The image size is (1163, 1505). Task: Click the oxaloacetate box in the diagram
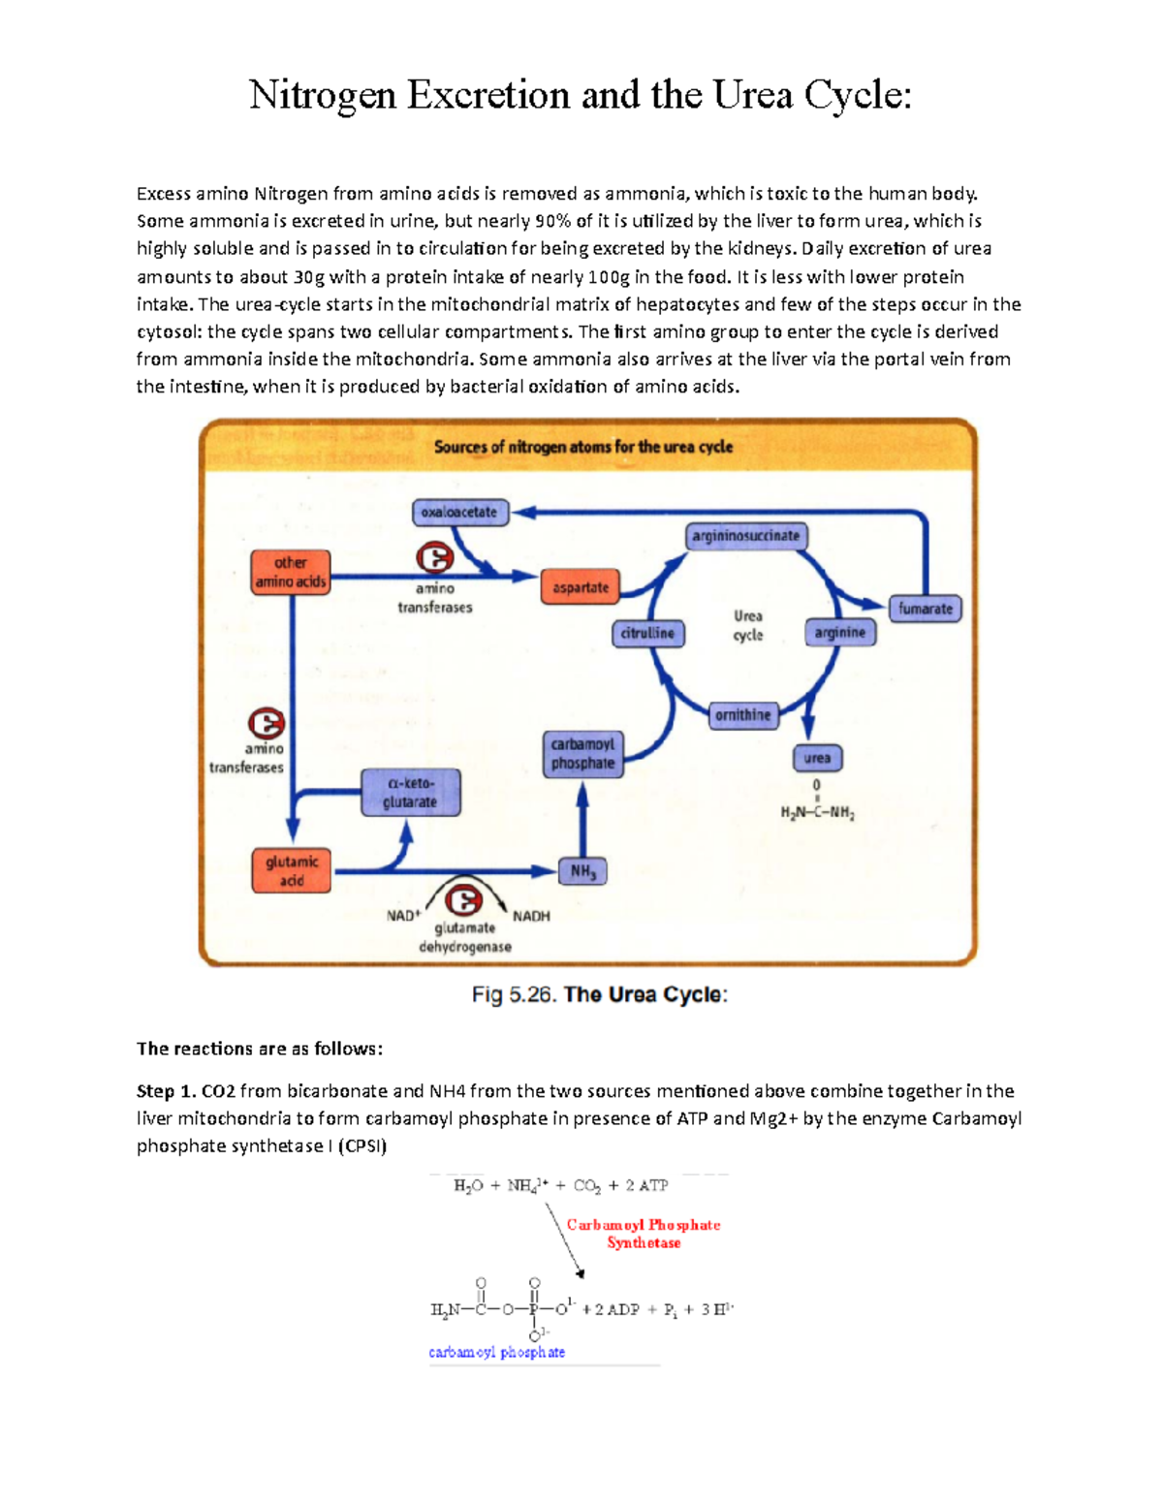click(459, 512)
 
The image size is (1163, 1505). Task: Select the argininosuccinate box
click(744, 536)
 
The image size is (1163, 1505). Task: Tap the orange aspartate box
click(580, 587)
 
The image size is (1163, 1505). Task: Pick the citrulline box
click(648, 633)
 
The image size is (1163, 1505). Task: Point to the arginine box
click(839, 633)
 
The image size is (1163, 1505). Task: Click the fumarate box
click(925, 609)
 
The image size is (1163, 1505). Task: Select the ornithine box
click(742, 715)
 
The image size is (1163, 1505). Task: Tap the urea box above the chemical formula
click(817, 758)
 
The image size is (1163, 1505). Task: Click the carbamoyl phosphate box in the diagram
click(582, 754)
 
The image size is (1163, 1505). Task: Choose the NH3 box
click(582, 871)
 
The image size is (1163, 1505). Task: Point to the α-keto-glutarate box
click(410, 793)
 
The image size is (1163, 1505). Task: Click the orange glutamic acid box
click(291, 870)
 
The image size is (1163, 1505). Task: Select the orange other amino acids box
click(290, 572)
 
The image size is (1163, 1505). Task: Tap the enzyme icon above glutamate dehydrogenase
click(463, 901)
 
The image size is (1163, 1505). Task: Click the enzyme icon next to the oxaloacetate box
click(434, 558)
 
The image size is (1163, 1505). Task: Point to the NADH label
click(531, 916)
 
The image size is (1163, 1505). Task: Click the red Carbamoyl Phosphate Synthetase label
click(644, 1234)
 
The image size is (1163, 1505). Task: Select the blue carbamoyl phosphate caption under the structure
click(496, 1352)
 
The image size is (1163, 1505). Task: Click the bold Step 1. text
click(166, 1091)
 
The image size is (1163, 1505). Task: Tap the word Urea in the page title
click(753, 95)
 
